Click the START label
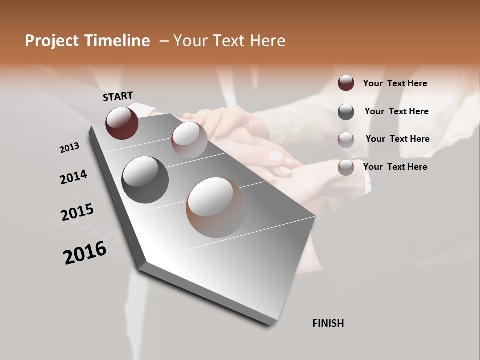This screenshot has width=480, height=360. [118, 96]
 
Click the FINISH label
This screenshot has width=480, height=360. [328, 323]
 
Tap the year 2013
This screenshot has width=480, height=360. [69, 148]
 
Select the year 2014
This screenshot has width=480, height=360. [73, 177]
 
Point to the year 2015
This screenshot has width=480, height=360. [77, 212]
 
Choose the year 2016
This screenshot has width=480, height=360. [85, 253]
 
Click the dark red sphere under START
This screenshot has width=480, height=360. [122, 123]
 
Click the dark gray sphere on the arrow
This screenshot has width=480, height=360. [145, 180]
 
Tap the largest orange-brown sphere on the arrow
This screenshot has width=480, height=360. [216, 207]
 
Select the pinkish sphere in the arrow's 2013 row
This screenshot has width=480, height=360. [189, 140]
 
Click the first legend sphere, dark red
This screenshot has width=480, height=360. [346, 83]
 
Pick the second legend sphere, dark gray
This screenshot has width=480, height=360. [346, 112]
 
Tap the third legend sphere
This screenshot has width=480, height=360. [346, 139]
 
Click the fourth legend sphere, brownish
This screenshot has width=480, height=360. [346, 167]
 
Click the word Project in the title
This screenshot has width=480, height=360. [52, 41]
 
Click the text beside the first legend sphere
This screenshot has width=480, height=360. [395, 83]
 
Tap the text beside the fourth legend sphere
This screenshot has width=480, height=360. [395, 167]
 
